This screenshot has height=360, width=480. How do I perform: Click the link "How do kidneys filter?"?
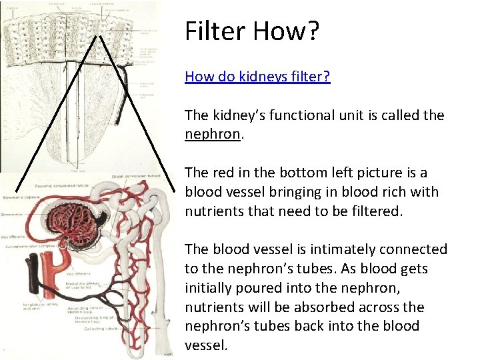[257, 77]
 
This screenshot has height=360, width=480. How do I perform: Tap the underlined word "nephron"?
[212, 134]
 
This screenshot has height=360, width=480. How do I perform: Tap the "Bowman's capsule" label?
[19, 198]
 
